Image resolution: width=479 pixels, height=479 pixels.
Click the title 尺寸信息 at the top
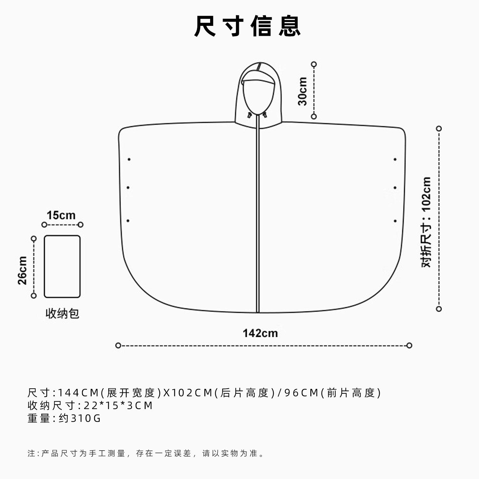point(247,26)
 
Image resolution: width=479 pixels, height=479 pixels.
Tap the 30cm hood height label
point(302,91)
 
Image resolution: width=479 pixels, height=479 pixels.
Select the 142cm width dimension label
point(260,333)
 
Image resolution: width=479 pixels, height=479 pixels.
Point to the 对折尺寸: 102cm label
point(426,222)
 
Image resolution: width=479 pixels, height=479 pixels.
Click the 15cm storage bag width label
point(61,215)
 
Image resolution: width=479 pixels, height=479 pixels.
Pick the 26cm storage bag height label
point(22,270)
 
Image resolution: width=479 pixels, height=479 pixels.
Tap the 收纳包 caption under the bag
point(62,314)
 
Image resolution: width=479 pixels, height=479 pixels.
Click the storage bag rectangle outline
point(44,267)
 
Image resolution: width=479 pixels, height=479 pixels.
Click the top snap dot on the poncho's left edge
point(129,159)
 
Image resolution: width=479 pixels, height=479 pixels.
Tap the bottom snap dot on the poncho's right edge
point(395,221)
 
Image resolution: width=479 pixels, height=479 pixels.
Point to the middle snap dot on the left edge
point(128,187)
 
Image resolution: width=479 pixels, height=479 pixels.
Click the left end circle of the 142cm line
point(118,346)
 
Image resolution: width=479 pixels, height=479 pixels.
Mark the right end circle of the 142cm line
point(409,346)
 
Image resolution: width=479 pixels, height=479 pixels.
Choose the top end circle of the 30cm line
point(314,65)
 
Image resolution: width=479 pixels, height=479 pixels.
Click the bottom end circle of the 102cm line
point(439,309)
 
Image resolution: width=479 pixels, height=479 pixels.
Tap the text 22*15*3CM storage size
point(118,406)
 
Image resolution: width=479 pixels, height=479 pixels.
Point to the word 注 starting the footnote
point(31,453)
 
